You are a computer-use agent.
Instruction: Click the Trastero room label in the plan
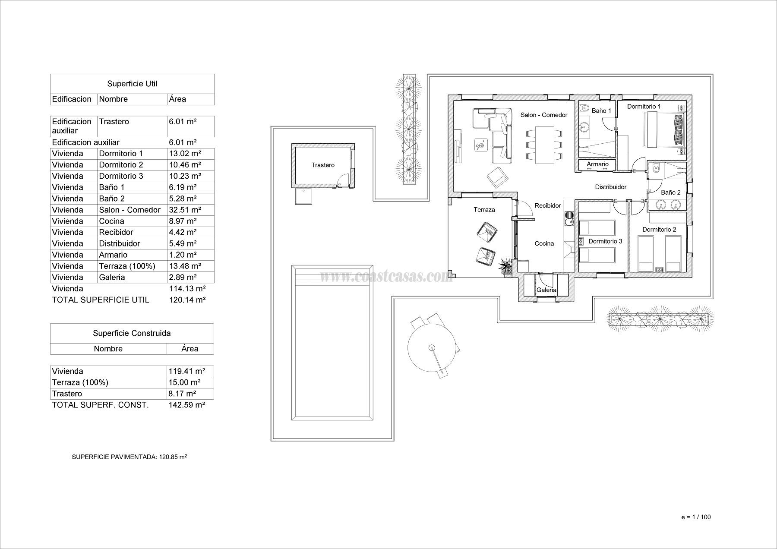(x=323, y=165)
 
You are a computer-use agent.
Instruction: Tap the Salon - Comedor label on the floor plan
(x=543, y=115)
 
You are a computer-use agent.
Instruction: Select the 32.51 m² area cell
(x=185, y=210)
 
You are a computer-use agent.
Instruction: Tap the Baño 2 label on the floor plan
(x=670, y=192)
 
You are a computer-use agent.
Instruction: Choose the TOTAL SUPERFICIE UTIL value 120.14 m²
(x=187, y=300)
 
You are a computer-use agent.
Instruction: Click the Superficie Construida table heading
(x=132, y=333)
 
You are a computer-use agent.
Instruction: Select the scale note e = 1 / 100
(x=696, y=517)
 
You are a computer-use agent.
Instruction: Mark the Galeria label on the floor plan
(x=546, y=290)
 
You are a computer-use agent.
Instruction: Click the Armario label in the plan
(x=597, y=164)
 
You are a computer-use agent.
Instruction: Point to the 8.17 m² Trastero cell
(x=182, y=394)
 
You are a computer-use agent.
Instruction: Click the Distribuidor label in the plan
(x=610, y=187)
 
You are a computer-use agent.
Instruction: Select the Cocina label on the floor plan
(x=544, y=243)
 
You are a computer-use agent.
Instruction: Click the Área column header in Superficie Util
(x=177, y=99)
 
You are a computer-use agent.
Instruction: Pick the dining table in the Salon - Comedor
(x=544, y=145)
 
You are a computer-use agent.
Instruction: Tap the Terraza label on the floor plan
(x=484, y=210)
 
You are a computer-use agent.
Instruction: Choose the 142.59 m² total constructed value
(x=186, y=405)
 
